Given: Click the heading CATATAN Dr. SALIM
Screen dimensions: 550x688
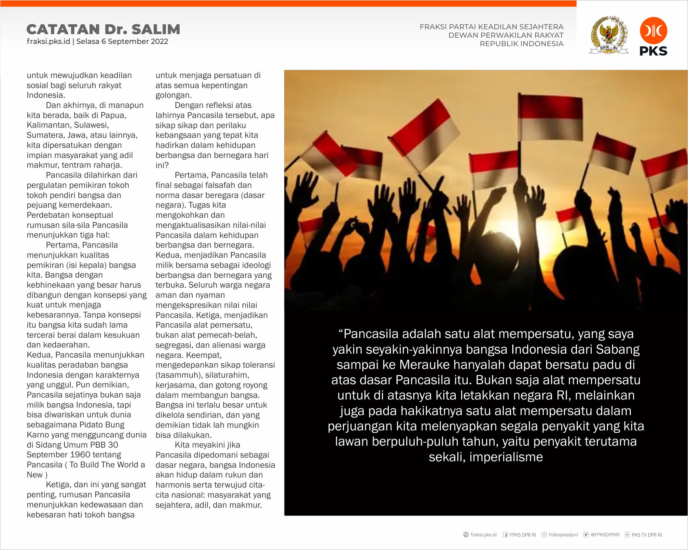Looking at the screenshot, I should tap(103, 29).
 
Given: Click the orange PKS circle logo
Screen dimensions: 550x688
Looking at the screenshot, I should tap(653, 31).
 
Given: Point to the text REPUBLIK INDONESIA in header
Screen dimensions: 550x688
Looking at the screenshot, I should tap(521, 44).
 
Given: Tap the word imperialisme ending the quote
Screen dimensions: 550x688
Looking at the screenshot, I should tap(506, 457).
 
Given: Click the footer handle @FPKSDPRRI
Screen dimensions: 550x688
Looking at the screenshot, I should tap(605, 535).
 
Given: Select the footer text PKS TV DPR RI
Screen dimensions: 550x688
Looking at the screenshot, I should tap(647, 535).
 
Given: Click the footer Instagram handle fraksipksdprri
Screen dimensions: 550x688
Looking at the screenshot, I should tap(563, 535).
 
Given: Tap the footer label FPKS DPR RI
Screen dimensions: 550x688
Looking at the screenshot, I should tap(523, 535).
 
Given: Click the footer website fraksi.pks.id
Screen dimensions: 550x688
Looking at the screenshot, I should tap(483, 535).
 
